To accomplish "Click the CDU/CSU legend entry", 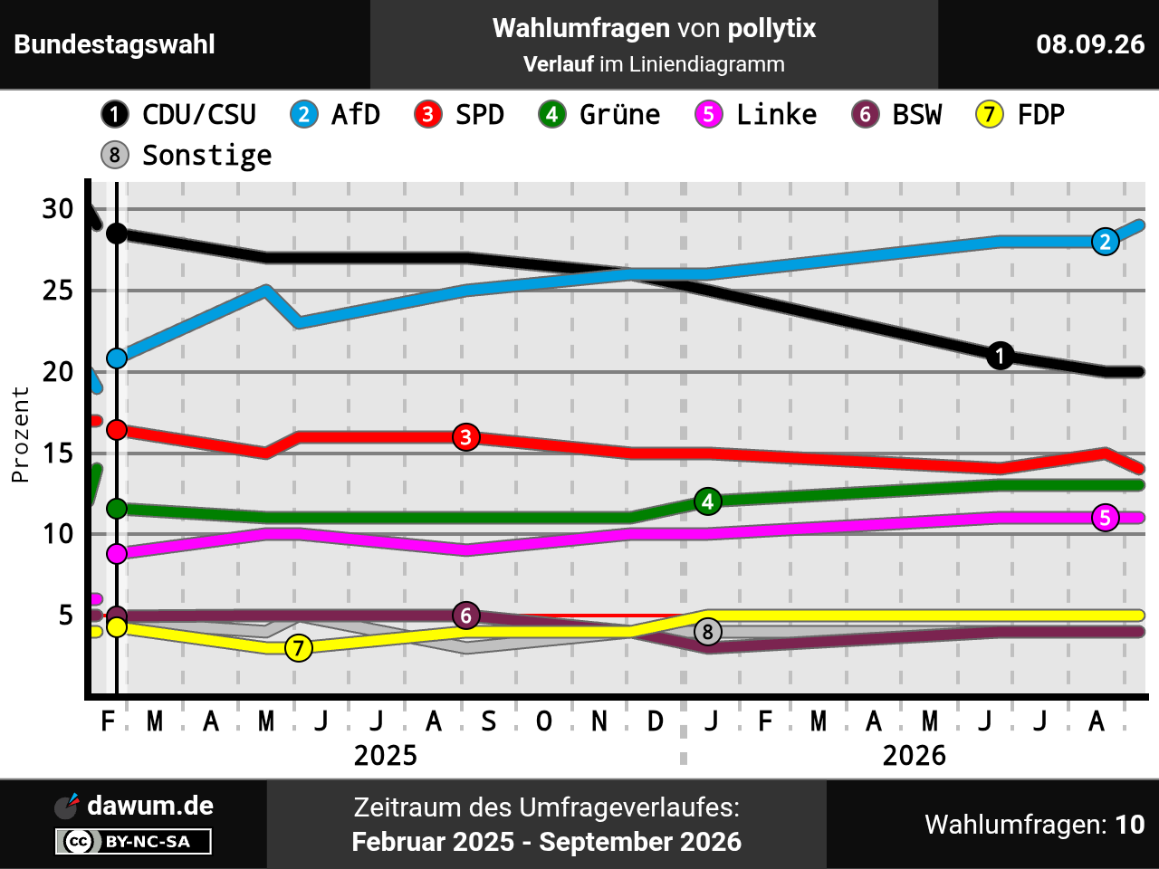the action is [x=178, y=114].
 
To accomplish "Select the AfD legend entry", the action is [x=335, y=114].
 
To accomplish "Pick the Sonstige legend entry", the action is [x=187, y=155].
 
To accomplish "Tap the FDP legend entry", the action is [x=1020, y=114].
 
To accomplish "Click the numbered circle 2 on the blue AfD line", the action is [x=1106, y=242].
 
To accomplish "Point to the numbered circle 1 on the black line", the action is [x=1000, y=355].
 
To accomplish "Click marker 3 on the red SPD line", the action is [x=465, y=437].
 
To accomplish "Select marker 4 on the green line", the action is [x=707, y=501].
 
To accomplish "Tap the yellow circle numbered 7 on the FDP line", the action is [x=298, y=648].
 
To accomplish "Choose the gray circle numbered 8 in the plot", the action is [x=707, y=632].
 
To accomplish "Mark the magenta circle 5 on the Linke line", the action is [x=1106, y=518].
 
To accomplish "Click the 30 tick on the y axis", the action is [x=58, y=209].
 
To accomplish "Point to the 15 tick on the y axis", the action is [x=58, y=454].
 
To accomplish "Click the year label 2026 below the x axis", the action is [x=914, y=756].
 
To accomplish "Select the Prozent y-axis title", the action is [x=20, y=434].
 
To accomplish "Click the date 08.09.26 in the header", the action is [x=1090, y=44].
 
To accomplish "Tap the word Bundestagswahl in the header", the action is [x=114, y=44].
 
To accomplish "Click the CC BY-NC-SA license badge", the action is [x=133, y=841].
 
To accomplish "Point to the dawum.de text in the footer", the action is [x=150, y=806].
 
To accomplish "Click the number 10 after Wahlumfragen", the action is [x=1130, y=825].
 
